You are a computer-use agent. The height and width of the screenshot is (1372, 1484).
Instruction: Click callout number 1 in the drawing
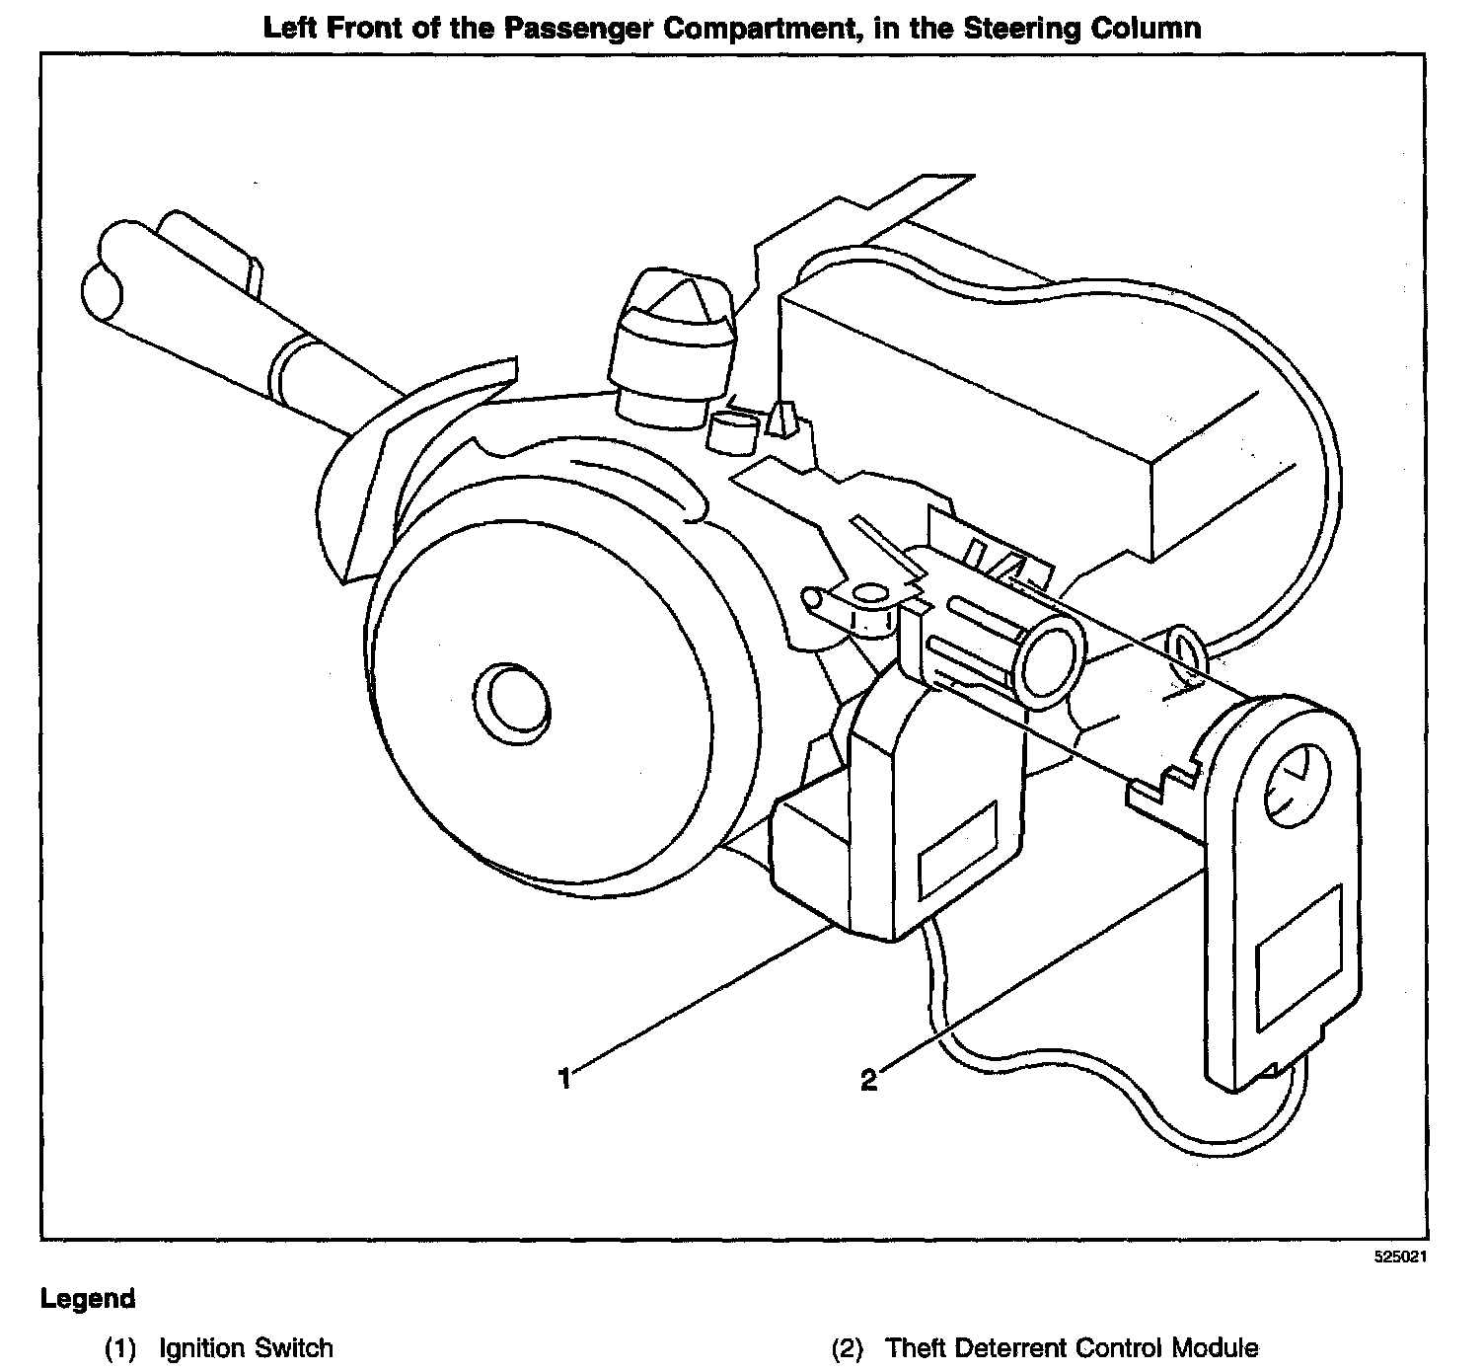pos(564,1079)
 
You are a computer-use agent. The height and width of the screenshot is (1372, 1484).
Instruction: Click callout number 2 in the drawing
pos(868,1081)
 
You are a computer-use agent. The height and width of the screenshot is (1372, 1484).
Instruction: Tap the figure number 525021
pos(1401,1258)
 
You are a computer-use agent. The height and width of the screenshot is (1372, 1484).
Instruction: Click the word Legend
pos(88,1299)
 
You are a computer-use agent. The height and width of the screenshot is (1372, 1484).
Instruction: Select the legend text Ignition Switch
pos(246,1348)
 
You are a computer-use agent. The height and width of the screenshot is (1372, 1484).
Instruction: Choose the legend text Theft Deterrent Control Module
pos(1072,1348)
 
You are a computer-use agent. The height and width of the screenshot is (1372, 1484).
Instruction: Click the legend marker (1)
pos(120,1348)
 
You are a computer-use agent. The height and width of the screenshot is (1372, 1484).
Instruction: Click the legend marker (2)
pos(848,1348)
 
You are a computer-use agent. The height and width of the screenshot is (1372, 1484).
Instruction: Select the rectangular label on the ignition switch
pos(956,850)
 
